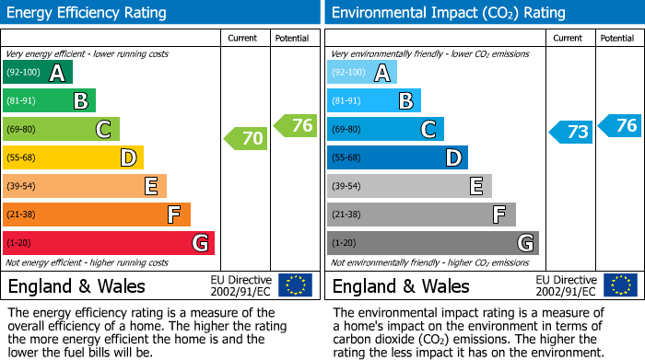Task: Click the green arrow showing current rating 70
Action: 246,139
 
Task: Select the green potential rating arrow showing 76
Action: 296,125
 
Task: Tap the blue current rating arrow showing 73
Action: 570,132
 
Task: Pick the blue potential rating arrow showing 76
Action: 620,125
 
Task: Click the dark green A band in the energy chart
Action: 38,73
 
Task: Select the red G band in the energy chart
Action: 109,243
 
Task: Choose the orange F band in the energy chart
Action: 97,215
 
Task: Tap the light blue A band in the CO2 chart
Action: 362,73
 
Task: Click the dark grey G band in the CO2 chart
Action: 433,243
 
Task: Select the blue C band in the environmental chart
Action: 385,129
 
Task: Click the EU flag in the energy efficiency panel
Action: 295,285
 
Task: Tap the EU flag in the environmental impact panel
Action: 619,285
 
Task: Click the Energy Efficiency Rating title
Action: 88,13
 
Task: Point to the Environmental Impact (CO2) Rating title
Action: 447,13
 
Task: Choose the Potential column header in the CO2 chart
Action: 616,38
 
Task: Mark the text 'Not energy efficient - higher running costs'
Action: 88,262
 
